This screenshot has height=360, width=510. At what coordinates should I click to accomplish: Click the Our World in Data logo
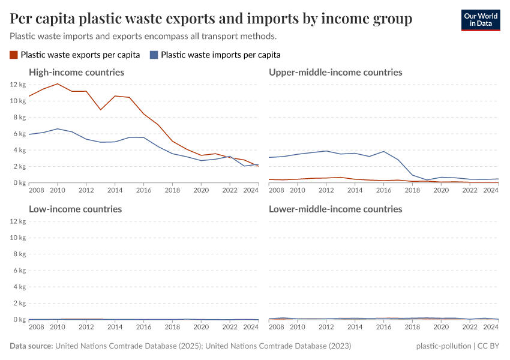click(x=480, y=20)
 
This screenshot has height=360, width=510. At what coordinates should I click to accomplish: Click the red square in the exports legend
click(x=14, y=55)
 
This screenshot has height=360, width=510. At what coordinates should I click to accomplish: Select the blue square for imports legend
click(x=154, y=55)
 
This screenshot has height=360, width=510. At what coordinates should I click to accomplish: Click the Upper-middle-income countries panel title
click(x=335, y=72)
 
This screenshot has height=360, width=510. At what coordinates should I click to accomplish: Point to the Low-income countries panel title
click(x=75, y=209)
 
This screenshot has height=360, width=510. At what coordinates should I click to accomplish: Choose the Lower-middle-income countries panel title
click(x=335, y=209)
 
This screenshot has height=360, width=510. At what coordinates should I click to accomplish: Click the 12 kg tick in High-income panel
click(x=18, y=84)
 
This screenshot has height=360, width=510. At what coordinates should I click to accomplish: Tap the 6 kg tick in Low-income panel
click(x=19, y=271)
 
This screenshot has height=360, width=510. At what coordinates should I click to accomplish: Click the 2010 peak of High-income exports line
click(x=58, y=84)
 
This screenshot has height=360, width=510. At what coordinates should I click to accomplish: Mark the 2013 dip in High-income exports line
click(x=101, y=110)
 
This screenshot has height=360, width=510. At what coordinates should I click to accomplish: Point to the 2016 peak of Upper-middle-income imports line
click(x=383, y=151)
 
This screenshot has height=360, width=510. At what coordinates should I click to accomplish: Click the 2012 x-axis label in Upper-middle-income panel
click(x=326, y=190)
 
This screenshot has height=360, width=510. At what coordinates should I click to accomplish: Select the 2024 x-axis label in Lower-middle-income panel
click(x=491, y=327)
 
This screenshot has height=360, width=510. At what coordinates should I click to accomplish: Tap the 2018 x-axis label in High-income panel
click(x=172, y=190)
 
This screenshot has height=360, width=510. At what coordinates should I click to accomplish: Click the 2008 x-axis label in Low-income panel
click(x=36, y=327)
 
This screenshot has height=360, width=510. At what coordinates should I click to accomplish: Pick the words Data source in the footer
click(x=31, y=346)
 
